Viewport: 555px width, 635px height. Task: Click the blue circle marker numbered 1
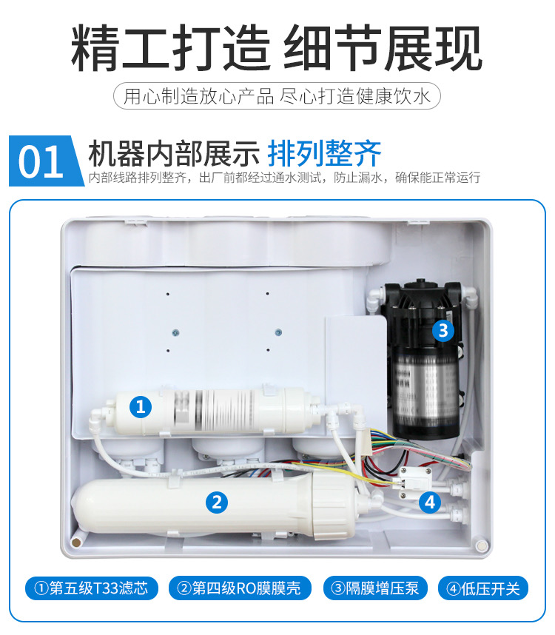pos(141,406)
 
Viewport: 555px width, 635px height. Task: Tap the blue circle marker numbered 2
pos(217,503)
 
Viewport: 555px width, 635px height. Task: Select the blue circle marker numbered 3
pos(443,331)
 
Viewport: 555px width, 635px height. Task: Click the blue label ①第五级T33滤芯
pos(92,588)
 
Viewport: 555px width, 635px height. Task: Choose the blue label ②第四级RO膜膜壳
pos(240,588)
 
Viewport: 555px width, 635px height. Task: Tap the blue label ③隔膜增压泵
pos(375,588)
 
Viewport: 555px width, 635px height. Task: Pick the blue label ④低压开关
pos(483,588)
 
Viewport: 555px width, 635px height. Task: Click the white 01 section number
pos(41,162)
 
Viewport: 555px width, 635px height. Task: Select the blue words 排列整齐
pos(324,153)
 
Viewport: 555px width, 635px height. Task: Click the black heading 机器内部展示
pos(174,153)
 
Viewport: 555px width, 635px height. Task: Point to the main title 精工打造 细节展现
pos(277,48)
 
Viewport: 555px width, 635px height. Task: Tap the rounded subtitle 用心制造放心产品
pos(199,96)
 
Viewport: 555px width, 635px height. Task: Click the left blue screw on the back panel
pos(175,332)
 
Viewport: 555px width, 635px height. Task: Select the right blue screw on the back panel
pos(278,332)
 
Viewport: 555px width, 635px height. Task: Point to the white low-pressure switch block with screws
pos(415,483)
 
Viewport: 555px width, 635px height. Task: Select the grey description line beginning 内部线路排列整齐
pos(284,178)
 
